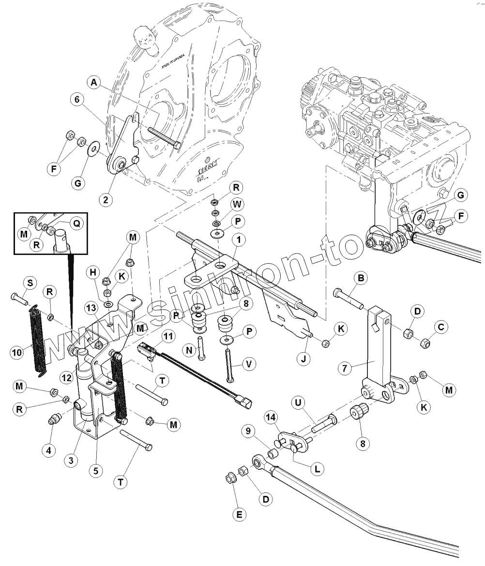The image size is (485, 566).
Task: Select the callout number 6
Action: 76,99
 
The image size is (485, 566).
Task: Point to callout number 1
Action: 238,239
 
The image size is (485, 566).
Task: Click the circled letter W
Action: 237,204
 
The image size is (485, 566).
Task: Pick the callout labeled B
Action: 360,278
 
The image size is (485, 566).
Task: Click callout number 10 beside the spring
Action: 17,352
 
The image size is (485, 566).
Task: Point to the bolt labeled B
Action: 348,298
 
